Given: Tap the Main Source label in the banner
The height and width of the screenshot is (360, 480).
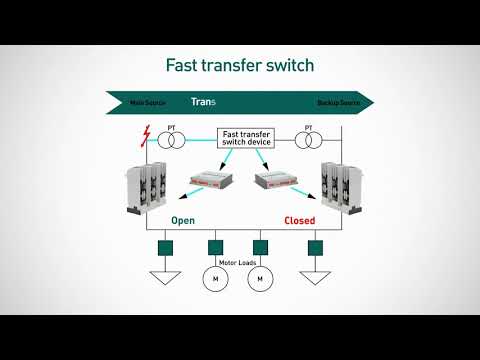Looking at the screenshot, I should pos(148,103).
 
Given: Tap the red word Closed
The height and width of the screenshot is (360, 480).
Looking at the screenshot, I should pos(300,220).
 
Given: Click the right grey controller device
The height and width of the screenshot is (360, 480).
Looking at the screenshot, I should pos(278,179).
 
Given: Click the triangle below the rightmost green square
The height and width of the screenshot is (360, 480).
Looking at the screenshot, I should pos(316,276).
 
